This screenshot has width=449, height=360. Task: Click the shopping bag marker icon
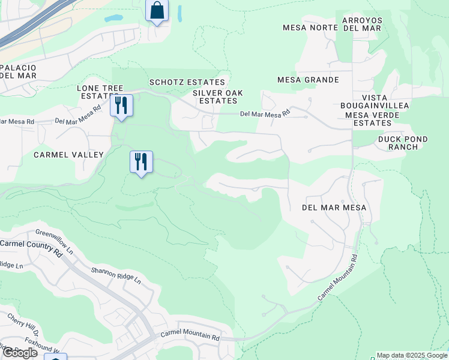[157, 10]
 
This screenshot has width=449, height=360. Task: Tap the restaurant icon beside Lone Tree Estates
[122, 106]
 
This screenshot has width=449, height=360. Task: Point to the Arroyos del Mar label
[362, 24]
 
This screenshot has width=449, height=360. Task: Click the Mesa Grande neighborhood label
[308, 80]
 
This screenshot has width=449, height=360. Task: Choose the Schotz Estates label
[187, 82]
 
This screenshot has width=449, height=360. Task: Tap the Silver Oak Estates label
[214, 97]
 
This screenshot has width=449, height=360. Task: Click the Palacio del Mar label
[18, 71]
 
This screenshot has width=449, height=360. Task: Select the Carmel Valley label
[68, 155]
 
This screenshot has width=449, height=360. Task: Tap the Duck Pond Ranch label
[403, 143]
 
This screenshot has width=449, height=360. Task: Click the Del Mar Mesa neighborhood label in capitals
[334, 208]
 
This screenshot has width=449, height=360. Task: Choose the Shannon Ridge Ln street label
[116, 275]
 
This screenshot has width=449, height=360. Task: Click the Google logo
[19, 353]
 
